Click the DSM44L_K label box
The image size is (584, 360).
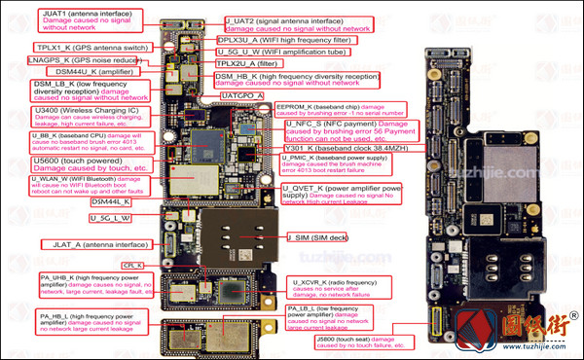[x=111, y=201]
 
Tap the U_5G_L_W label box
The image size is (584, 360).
[x=110, y=218]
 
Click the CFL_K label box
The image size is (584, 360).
[x=132, y=265]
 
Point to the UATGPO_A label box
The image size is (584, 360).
[x=242, y=96]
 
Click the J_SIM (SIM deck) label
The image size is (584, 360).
[x=317, y=237]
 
